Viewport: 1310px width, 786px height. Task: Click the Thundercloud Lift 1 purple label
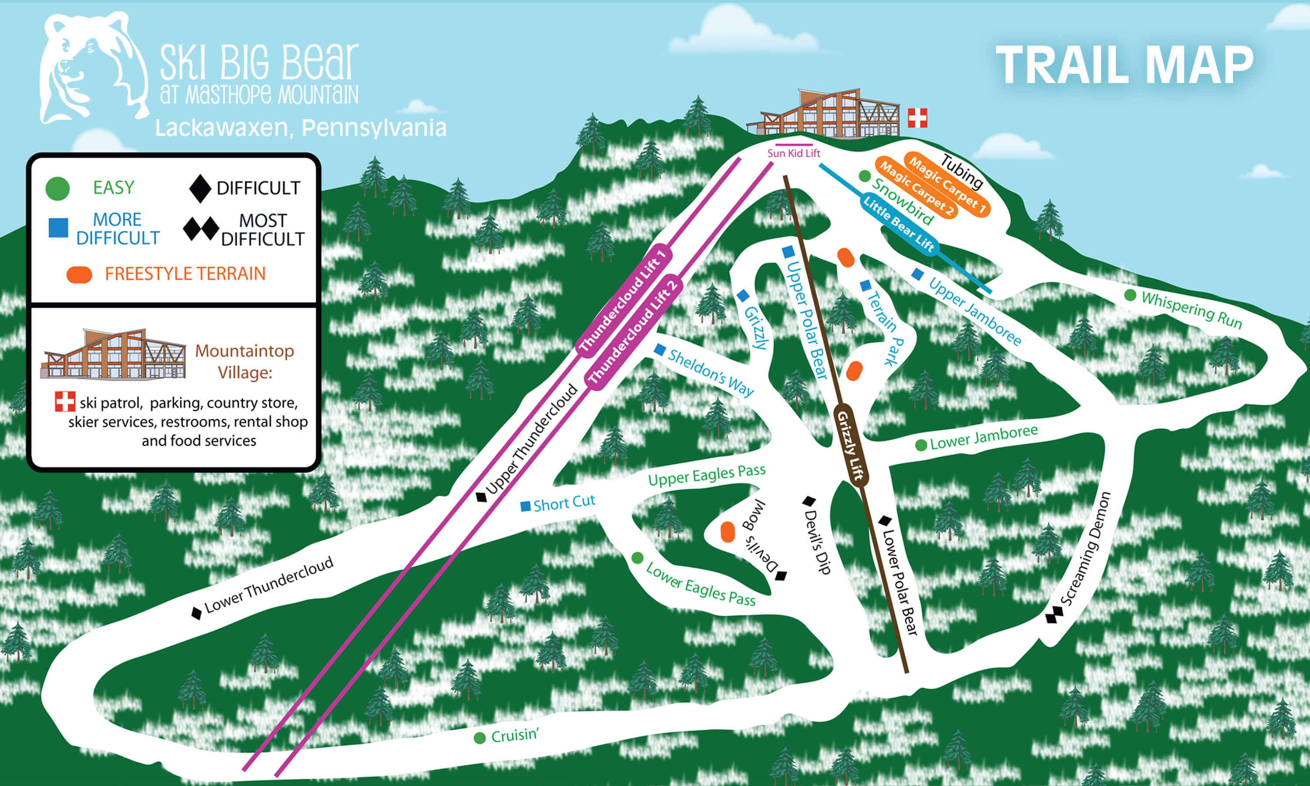tap(624, 301)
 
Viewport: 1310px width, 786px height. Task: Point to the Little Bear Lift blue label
tap(899, 224)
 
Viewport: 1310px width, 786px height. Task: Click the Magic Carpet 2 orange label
tap(917, 189)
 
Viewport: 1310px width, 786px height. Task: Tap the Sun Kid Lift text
tap(794, 153)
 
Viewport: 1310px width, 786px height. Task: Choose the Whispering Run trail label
tap(1191, 309)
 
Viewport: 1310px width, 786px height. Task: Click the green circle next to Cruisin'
tap(480, 738)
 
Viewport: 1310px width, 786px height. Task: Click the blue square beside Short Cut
tap(525, 507)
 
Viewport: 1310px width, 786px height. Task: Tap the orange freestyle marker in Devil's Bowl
tap(727, 532)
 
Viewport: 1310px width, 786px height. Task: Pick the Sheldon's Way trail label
tap(710, 373)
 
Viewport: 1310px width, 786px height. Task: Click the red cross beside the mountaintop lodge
tap(917, 117)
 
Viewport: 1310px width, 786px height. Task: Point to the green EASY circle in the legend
tap(58, 189)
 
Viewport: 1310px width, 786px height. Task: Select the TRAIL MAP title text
tap(1125, 65)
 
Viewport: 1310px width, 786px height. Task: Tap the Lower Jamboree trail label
tap(984, 438)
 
